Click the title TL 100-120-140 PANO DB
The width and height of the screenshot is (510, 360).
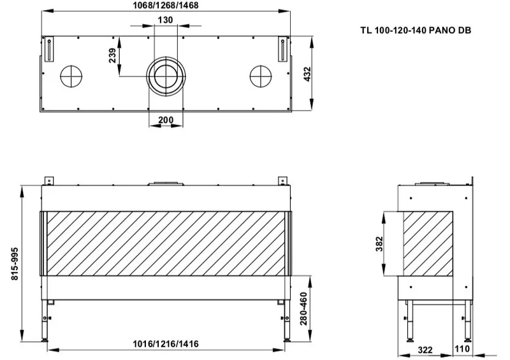point(416,30)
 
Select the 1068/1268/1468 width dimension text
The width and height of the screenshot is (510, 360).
point(166,5)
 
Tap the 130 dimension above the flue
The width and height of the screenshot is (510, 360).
point(165,20)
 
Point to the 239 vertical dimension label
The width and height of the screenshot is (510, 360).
point(112,55)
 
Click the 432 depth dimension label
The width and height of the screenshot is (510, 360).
point(307,74)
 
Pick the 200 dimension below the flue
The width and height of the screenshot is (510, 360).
point(166,120)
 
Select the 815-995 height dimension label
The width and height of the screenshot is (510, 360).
point(15,264)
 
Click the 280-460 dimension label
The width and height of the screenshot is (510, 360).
point(303,308)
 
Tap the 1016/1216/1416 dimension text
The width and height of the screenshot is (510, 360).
point(166,343)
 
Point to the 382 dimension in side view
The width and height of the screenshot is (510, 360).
point(379,244)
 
